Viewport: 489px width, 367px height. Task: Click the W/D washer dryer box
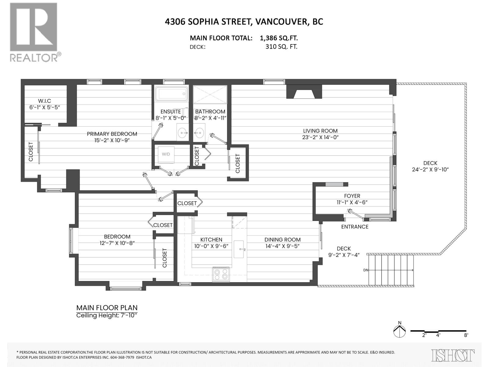(166, 155)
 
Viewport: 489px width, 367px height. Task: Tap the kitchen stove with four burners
(221, 274)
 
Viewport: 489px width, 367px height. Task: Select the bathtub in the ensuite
(171, 94)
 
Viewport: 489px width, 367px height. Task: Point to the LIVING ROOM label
(320, 131)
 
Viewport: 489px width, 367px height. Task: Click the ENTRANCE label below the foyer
(355, 227)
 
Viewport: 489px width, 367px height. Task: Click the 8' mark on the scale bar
(466, 335)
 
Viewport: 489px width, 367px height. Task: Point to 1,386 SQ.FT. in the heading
(279, 38)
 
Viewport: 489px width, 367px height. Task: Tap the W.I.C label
(45, 101)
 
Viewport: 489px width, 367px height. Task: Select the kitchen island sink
(240, 249)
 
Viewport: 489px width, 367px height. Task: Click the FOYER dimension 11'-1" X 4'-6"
(352, 202)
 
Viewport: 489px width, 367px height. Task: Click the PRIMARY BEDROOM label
(112, 134)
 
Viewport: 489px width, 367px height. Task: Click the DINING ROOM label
(282, 240)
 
